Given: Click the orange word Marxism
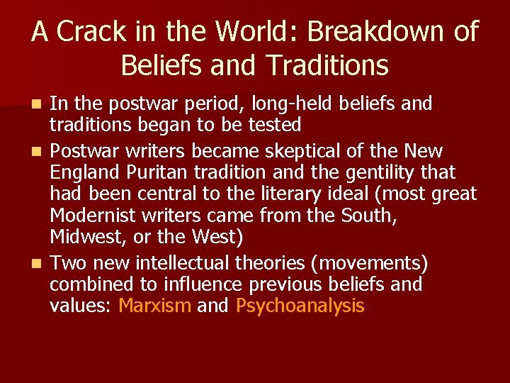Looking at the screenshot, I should pos(155,306).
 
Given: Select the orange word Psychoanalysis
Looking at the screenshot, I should pos(300,306).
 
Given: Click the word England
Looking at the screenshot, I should pos(82,172).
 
